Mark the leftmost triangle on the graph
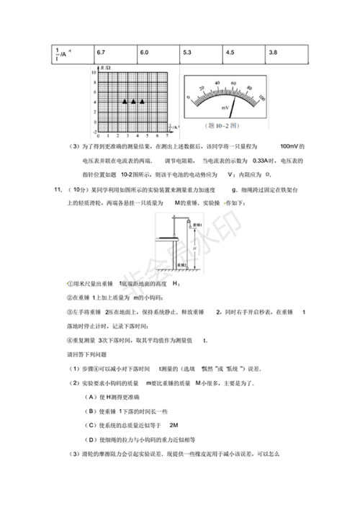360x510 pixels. [124, 102]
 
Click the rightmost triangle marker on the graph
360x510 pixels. [143, 102]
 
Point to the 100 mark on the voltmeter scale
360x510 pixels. [261, 97]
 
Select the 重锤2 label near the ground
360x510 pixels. [180, 264]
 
